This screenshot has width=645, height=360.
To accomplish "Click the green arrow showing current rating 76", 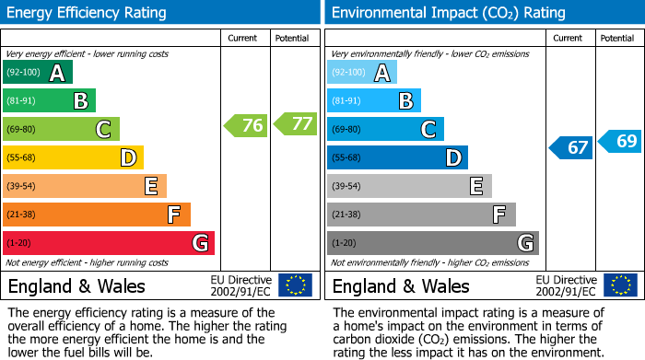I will tap(246, 125).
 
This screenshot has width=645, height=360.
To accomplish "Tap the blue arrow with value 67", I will tap(571, 147).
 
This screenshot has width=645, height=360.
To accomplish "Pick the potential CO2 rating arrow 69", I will tap(620, 141).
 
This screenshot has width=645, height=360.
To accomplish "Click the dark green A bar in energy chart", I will tap(38, 73).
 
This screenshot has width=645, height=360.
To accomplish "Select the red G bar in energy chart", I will tap(109, 243).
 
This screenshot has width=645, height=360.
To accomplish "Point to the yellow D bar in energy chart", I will tap(74, 157).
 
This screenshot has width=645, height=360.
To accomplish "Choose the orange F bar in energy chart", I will tap(97, 215).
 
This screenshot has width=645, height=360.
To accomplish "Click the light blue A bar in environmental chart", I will tap(362, 73).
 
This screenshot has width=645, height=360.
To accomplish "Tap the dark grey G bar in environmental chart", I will tap(433, 243).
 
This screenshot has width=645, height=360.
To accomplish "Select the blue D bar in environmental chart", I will tap(397, 157).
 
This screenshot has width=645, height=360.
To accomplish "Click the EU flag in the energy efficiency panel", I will tap(295, 285).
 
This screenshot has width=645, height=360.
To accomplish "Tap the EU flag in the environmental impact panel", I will tap(620, 285).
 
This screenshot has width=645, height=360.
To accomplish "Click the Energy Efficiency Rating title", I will tap(88, 13).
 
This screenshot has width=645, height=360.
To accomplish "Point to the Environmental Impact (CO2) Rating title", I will tap(448, 13).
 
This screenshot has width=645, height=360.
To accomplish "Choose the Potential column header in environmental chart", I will tap(617, 38).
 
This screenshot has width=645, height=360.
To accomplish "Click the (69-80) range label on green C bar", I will tap(22, 130).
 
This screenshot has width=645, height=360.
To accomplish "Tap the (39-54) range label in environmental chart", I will tap(346, 187).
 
